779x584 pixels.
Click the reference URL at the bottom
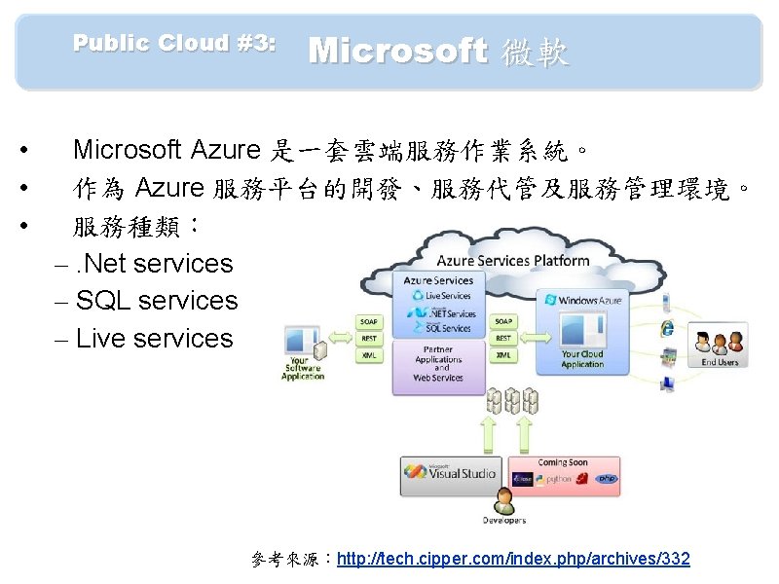pos(513,559)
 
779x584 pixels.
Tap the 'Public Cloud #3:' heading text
pos(174,43)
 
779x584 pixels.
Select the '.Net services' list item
pos(156,263)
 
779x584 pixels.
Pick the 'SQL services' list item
pos(156,301)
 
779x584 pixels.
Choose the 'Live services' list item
pos(155,339)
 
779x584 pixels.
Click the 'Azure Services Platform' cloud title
pos(512,261)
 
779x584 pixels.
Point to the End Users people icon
pos(720,343)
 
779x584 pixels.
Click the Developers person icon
pos(504,502)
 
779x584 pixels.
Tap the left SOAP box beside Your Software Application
pos(369,320)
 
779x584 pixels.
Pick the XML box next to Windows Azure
pos(503,355)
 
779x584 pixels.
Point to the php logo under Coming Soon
pos(608,479)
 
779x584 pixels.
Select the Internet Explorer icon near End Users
pos(668,327)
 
